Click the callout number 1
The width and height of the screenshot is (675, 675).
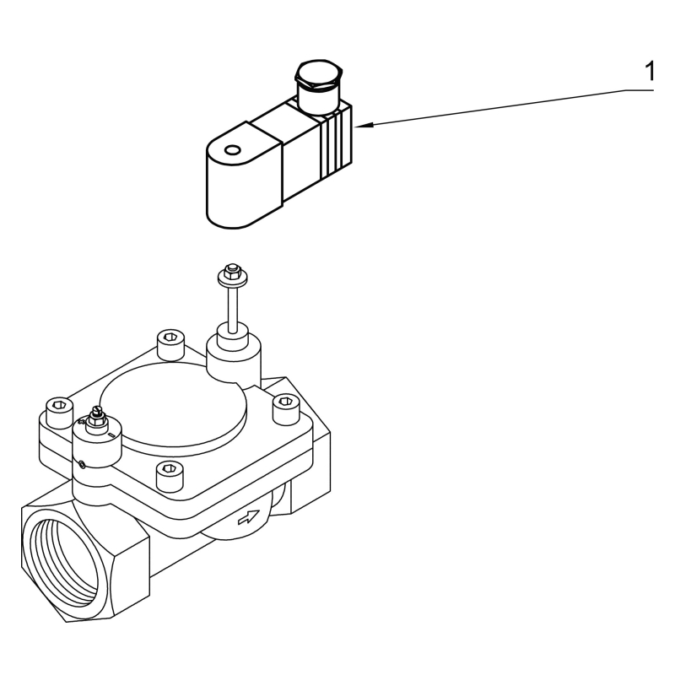(648, 73)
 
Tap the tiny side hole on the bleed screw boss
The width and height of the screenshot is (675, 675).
(83, 462)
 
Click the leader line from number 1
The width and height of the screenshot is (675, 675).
(506, 106)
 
